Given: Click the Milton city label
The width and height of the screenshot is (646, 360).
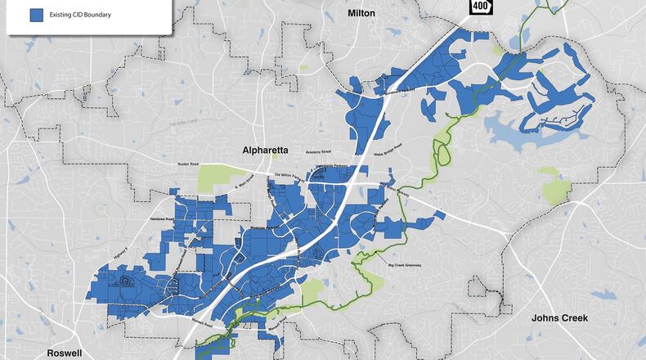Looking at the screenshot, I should tap(361, 13).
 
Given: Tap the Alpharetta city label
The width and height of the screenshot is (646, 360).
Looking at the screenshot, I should tap(265, 151).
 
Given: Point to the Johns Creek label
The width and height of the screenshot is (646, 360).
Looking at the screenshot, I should tap(559, 317).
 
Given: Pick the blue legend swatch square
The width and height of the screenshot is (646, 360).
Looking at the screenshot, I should tap(36, 16).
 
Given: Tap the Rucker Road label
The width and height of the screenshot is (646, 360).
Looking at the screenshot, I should tap(189, 164).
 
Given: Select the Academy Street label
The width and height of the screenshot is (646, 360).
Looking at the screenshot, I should tap(321, 152).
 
